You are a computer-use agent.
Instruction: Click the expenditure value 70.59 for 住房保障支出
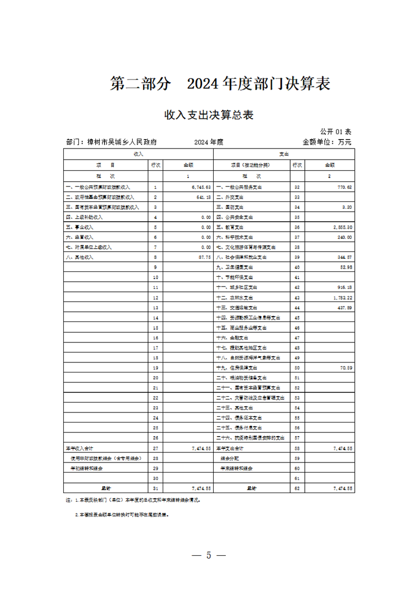(x=344, y=367)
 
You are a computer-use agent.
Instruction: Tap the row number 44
(x=297, y=307)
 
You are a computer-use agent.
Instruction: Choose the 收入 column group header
(x=138, y=154)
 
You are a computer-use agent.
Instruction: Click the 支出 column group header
(x=284, y=154)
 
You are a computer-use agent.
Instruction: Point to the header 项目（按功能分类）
(x=252, y=164)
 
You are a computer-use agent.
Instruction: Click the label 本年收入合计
(x=80, y=448)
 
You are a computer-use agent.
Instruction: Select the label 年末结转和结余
(x=236, y=468)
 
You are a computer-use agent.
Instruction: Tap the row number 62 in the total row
(x=297, y=488)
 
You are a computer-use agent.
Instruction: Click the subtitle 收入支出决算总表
(x=208, y=115)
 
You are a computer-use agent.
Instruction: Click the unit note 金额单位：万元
(x=326, y=142)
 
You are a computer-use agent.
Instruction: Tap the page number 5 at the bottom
(x=208, y=555)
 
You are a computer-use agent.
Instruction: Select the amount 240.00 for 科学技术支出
(x=343, y=237)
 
